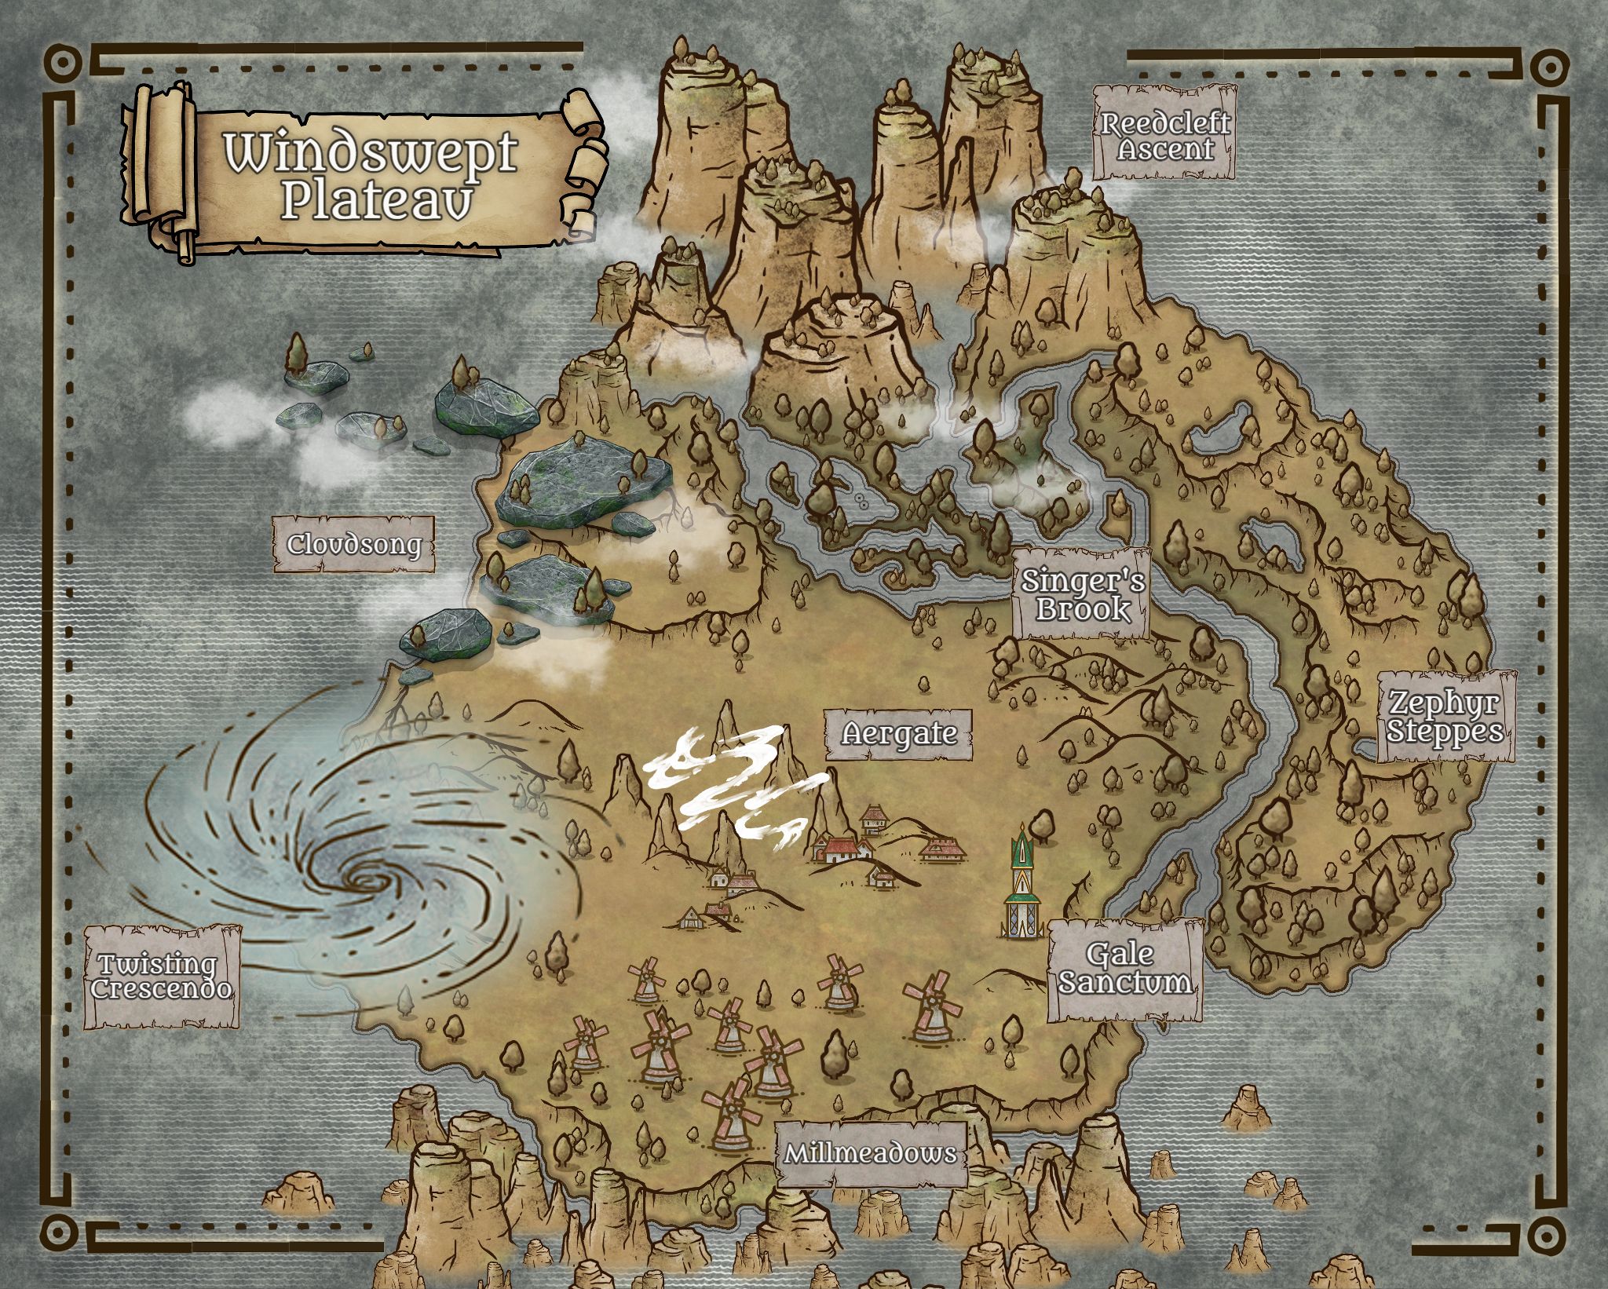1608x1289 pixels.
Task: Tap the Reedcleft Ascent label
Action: [x=1165, y=135]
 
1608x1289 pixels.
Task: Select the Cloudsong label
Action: [x=353, y=544]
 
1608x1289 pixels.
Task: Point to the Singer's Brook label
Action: [x=1082, y=594]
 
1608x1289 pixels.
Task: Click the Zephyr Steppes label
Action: [x=1445, y=716]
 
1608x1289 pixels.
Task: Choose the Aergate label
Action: [x=899, y=734]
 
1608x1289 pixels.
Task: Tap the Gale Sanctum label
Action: [x=1124, y=969]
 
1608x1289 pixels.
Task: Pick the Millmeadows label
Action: [x=871, y=1153]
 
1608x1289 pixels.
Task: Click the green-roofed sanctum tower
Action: [x=1021, y=883]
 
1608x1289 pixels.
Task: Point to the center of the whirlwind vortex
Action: [x=367, y=878]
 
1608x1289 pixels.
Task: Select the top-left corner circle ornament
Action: [x=62, y=63]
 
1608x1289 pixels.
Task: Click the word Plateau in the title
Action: [x=377, y=201]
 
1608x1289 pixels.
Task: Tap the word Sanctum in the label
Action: [x=1124, y=983]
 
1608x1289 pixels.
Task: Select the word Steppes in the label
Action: [x=1445, y=730]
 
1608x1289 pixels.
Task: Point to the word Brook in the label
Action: [x=1082, y=609]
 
